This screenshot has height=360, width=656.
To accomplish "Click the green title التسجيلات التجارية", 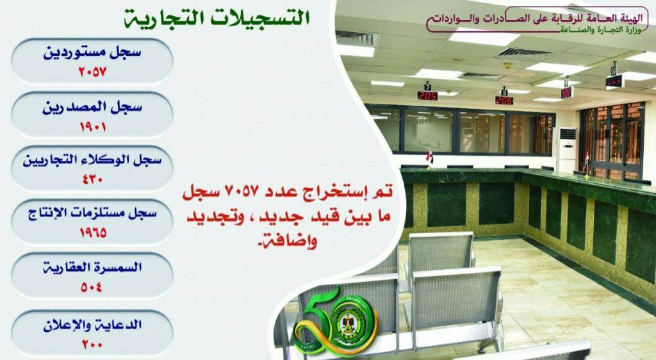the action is tap(217, 19).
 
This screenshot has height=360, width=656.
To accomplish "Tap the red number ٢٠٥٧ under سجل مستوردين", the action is tap(92, 72).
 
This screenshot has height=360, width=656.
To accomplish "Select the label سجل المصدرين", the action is tap(92, 108).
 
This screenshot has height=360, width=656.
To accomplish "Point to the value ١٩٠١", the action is tap(92, 126).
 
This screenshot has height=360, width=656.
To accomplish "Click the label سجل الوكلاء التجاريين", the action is tap(92, 160).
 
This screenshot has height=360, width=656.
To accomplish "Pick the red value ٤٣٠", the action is tap(92, 180).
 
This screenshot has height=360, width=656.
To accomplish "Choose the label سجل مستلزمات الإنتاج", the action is tap(92, 213).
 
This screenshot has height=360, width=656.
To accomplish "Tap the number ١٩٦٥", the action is tap(93, 233).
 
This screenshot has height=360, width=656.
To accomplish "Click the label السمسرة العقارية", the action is tap(92, 266).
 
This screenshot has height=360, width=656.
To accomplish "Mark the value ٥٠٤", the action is tap(92, 287).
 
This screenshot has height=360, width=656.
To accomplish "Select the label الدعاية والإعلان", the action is tap(92, 325).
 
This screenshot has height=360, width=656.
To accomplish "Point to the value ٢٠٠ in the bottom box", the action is tap(92, 345).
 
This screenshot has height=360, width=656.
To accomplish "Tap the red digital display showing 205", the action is tap(427, 95).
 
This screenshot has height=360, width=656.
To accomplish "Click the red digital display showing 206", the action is tap(504, 101).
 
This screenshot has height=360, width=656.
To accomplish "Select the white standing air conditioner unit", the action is tap(568, 149).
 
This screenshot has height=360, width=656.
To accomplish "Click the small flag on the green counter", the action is tap(429, 157).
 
